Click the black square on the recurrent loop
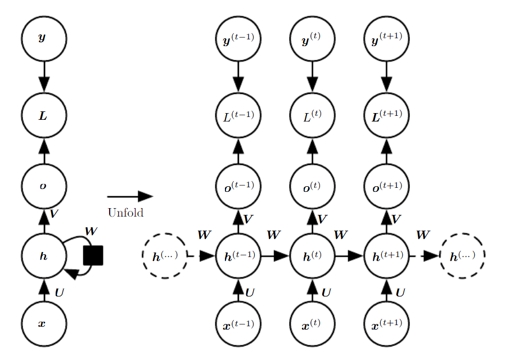click(93, 256)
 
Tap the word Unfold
click(125, 213)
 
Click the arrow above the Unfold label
click(130, 196)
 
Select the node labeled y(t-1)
click(238, 39)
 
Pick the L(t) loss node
click(313, 115)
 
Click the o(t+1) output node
click(386, 186)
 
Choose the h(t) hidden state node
click(313, 256)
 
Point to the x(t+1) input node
click(386, 324)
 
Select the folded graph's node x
click(44, 324)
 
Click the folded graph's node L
click(44, 115)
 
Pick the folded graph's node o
click(44, 186)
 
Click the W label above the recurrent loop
click(91, 231)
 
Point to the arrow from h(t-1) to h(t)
click(276, 256)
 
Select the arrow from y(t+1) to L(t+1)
click(386, 76)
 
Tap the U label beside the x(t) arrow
click(326, 292)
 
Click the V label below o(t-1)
click(248, 219)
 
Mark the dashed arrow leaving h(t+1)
click(425, 256)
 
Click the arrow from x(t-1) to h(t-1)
click(238, 290)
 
